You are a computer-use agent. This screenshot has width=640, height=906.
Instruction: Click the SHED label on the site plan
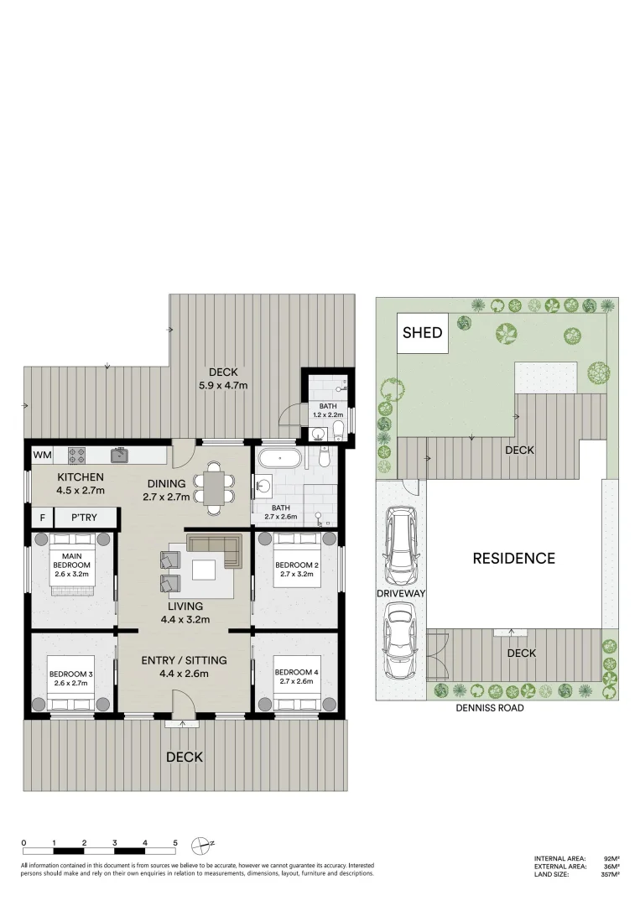422,332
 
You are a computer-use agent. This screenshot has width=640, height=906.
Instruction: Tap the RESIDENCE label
514,558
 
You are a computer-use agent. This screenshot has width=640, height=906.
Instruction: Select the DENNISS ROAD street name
490,708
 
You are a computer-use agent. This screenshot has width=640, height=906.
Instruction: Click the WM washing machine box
42,455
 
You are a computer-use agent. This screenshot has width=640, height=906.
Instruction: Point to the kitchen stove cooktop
77,456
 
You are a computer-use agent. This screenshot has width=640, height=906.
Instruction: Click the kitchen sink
120,455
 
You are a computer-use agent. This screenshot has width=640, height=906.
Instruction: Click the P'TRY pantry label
84,518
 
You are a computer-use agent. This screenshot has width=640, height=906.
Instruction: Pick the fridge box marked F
42,518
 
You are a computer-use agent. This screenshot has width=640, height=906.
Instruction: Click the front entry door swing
183,703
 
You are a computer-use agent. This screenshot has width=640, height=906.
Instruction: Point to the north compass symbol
201,845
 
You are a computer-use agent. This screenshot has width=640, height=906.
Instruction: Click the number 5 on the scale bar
175,843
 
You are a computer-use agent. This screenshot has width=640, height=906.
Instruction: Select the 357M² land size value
610,875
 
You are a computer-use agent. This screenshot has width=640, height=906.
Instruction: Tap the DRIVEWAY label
401,593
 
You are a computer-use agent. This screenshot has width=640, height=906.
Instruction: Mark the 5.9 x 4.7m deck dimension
223,385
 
